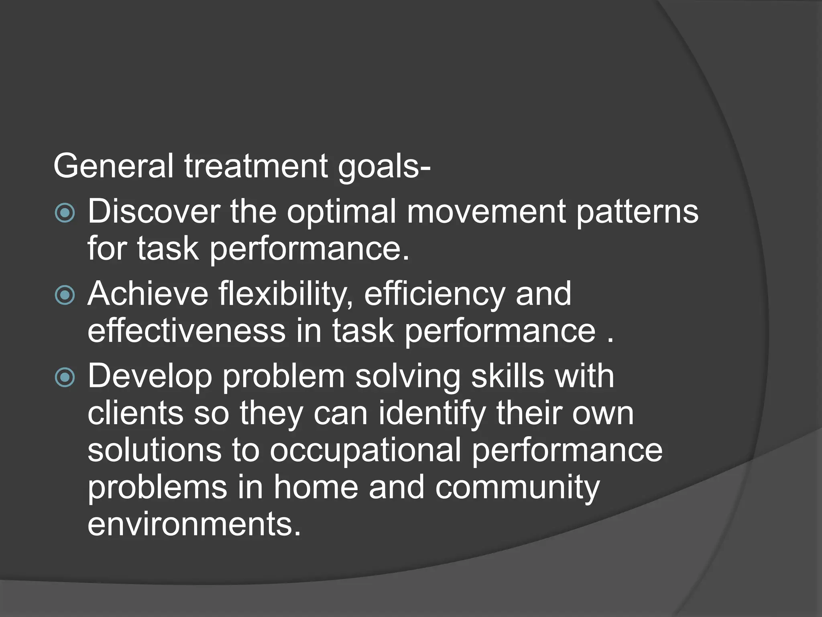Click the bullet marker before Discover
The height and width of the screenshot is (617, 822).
(65, 212)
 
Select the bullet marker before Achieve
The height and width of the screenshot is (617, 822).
(65, 295)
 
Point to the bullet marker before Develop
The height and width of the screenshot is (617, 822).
(65, 377)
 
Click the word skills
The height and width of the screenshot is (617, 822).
(508, 376)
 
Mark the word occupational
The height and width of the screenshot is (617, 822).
(365, 450)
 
